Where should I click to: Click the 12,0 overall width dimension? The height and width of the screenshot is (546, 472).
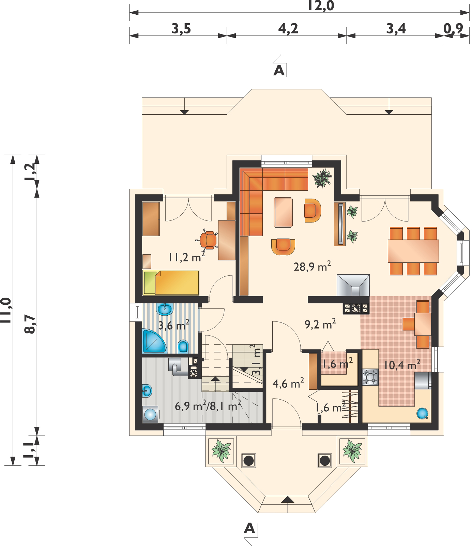point(321,6)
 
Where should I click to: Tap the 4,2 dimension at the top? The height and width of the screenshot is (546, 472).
point(288,29)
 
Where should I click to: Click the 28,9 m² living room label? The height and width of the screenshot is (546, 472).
point(312,266)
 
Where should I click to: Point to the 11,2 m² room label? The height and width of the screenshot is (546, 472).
point(187,257)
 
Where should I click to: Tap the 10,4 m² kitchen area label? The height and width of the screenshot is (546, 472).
point(402,365)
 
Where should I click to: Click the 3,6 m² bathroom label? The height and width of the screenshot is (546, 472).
point(174,325)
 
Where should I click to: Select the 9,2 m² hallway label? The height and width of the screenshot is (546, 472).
point(320,324)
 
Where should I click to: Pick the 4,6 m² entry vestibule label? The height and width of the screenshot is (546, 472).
point(288,384)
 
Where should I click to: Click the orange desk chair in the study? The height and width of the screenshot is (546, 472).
point(208,240)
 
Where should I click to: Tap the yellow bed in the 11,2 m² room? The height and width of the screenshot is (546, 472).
point(171,283)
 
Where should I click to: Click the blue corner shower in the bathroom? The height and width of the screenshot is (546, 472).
point(153,341)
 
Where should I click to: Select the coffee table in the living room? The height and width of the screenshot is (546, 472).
point(283,212)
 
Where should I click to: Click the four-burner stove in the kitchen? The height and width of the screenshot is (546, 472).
point(370,377)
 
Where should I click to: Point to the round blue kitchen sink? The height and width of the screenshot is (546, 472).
point(423,413)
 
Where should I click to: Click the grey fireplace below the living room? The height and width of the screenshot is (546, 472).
point(353,286)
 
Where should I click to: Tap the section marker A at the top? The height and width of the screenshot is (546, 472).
point(279,71)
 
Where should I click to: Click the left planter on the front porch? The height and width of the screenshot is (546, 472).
point(221,451)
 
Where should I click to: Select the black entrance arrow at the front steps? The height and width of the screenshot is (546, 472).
point(288,500)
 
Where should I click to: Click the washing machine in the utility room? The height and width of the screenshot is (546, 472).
point(150,415)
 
